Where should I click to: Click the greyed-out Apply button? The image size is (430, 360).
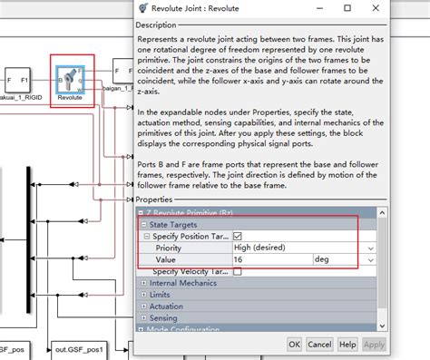[374, 345]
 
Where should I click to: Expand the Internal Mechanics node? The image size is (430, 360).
[142, 284]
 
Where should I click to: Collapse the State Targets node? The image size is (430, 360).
[142, 224]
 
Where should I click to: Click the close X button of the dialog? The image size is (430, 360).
[406, 8]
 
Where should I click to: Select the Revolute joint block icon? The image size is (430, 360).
[70, 78]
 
